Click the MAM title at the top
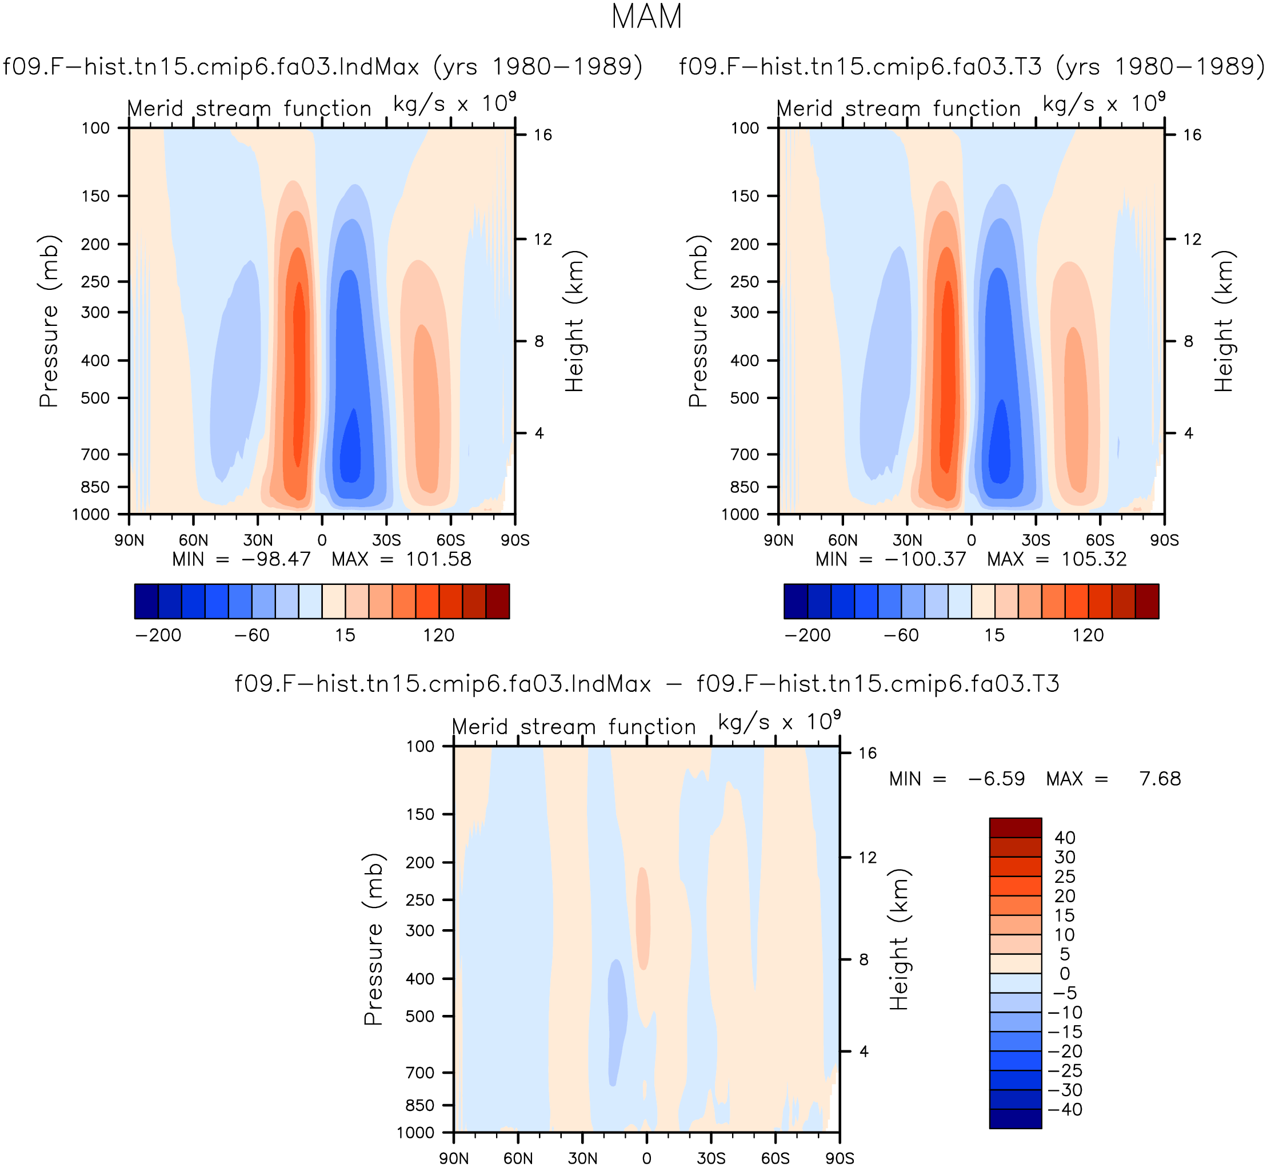[x=646, y=17]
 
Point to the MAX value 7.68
[x=1160, y=779]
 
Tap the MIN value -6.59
[x=996, y=779]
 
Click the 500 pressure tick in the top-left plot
[x=96, y=398]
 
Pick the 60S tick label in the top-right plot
[x=1100, y=540]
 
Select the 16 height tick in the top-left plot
[x=542, y=134]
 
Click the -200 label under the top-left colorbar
[x=158, y=635]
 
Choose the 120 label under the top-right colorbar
[x=1088, y=635]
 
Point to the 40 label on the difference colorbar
[x=1065, y=837]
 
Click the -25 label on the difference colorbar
[x=1065, y=1070]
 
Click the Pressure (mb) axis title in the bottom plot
[x=373, y=939]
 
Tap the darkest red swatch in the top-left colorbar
[x=497, y=601]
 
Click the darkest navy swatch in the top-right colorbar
[x=796, y=601]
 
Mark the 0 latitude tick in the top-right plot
[x=971, y=540]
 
